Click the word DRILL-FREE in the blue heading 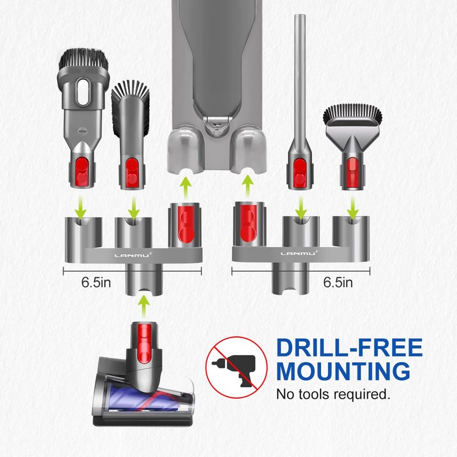point(349,347)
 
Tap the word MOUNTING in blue point(343,371)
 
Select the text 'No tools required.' point(333,394)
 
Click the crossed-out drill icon point(236,367)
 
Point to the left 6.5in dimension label point(96,282)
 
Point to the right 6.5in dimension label point(338,282)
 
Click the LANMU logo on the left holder point(133,255)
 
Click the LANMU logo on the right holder point(299,254)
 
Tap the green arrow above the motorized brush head point(143,307)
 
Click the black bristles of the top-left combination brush point(84,59)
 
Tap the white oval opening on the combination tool point(83,92)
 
